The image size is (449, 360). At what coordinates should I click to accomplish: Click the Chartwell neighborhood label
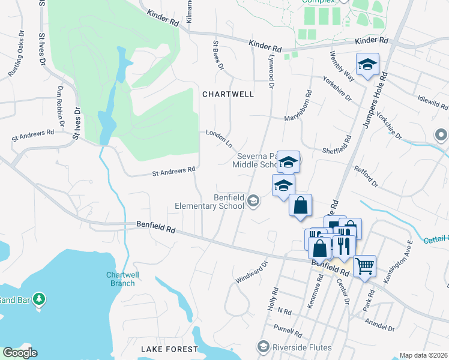[x=228, y=94]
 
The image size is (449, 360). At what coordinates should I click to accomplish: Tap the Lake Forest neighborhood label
[x=169, y=349]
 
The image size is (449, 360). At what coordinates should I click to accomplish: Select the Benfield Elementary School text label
[x=209, y=202]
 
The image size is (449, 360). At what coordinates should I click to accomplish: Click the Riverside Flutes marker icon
[x=263, y=346]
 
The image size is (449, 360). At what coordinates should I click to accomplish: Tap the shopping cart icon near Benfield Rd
[x=365, y=265]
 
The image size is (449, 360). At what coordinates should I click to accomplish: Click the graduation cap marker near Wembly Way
[x=367, y=65]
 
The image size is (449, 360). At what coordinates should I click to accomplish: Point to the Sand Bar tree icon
[x=39, y=298]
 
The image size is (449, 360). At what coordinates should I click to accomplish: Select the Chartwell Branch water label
[x=121, y=279]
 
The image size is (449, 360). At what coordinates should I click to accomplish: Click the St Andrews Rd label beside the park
[x=174, y=170]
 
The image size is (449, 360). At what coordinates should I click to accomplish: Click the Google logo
[x=20, y=353]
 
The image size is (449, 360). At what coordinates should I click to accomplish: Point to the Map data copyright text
[x=423, y=355]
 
